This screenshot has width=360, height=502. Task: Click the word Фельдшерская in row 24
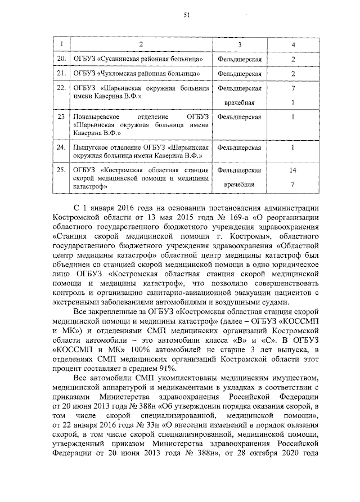239,147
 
